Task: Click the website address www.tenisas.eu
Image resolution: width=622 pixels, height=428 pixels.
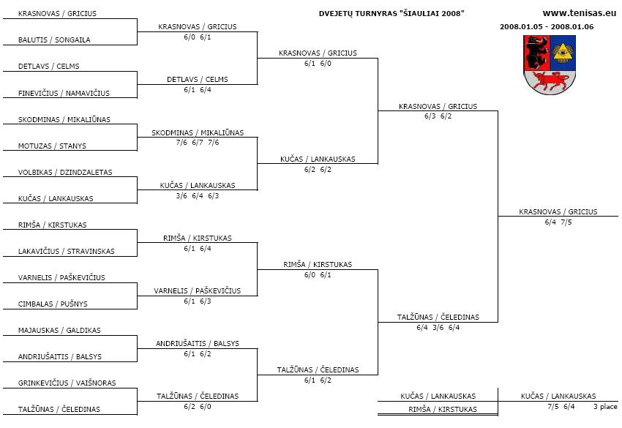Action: tap(579, 13)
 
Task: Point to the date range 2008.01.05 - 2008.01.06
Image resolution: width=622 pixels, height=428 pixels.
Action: tap(547, 26)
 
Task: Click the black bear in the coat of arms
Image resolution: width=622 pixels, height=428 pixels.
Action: tap(536, 53)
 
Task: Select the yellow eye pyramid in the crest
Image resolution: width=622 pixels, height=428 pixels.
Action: tap(563, 53)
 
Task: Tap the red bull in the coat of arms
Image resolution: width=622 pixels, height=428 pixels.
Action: tap(550, 81)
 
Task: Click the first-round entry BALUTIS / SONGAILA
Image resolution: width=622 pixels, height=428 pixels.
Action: tap(54, 40)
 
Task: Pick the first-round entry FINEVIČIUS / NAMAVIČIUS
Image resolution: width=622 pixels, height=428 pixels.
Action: tap(64, 93)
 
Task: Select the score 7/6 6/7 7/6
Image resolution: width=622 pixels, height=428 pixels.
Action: tap(198, 143)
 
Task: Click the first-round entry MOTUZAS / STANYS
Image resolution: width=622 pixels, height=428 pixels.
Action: tap(52, 146)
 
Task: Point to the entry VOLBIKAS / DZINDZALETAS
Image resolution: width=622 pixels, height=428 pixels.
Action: tap(65, 172)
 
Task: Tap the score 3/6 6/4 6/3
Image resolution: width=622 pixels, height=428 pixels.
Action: tap(198, 195)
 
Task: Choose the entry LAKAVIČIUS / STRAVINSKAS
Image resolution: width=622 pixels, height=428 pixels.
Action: tap(67, 251)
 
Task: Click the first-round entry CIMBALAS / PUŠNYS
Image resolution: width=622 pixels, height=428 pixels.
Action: tap(53, 304)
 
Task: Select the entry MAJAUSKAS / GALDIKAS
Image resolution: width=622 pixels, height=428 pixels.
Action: tap(59, 330)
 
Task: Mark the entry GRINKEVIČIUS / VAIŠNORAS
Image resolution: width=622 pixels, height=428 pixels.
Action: tap(67, 383)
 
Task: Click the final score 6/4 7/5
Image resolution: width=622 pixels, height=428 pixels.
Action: tap(558, 222)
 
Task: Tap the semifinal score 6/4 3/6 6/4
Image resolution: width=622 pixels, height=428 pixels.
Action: tap(438, 327)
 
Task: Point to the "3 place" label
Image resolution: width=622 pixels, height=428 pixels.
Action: tap(605, 406)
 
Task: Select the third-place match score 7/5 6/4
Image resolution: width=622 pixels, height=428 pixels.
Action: tap(561, 406)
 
